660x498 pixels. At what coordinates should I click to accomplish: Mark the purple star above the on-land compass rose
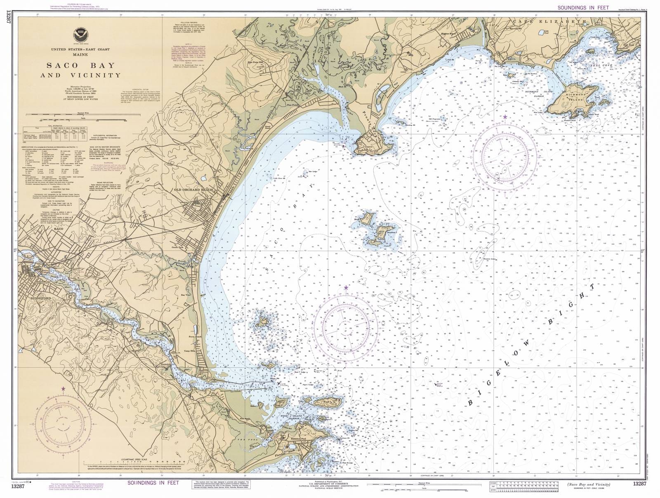tap(63, 388)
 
